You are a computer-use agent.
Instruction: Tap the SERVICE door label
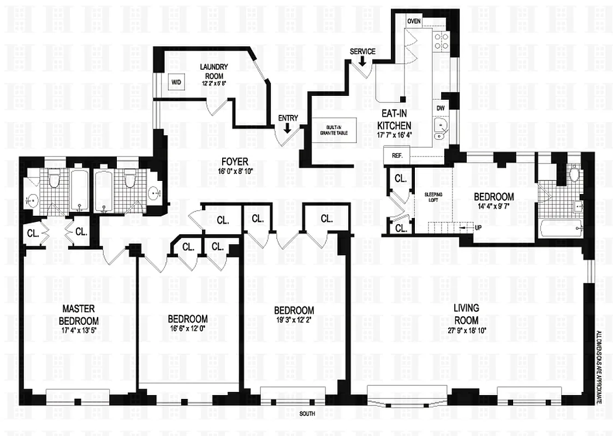tap(362, 52)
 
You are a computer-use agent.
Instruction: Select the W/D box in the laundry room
tap(176, 82)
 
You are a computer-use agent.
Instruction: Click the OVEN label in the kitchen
tap(414, 21)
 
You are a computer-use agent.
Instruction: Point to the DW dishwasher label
tap(440, 108)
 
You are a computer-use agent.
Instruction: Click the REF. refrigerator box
tap(397, 155)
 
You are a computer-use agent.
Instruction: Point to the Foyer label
tap(235, 162)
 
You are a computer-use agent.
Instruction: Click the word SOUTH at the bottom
tap(307, 414)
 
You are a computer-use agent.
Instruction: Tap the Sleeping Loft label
tap(433, 198)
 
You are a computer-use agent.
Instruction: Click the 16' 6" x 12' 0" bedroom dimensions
tap(187, 329)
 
